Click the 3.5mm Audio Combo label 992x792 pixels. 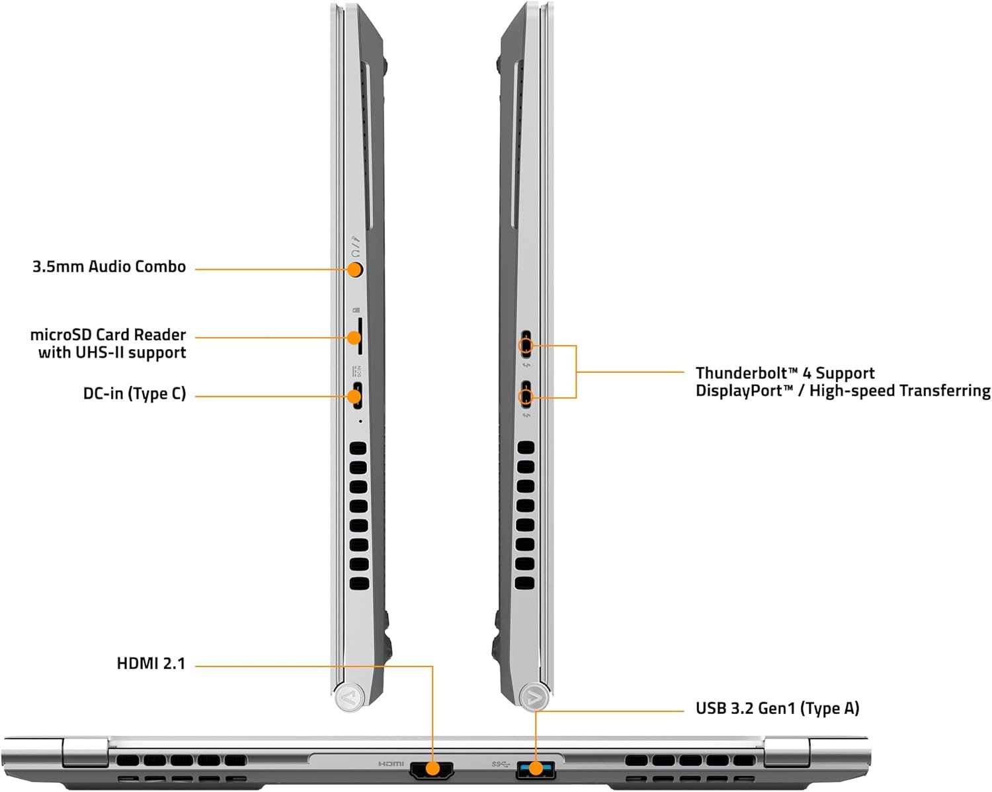109,267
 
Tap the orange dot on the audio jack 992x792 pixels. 354,270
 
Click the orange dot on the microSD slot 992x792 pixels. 354,338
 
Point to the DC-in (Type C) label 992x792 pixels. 135,394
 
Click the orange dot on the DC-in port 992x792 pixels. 354,396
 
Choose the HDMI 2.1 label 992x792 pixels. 151,664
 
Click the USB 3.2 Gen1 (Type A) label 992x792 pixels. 778,708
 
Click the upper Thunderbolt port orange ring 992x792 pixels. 526,345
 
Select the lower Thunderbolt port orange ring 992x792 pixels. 526,397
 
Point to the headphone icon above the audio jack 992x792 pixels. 354,253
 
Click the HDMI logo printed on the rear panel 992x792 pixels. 391,764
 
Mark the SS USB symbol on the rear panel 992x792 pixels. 501,764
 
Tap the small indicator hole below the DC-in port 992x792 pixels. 360,420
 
